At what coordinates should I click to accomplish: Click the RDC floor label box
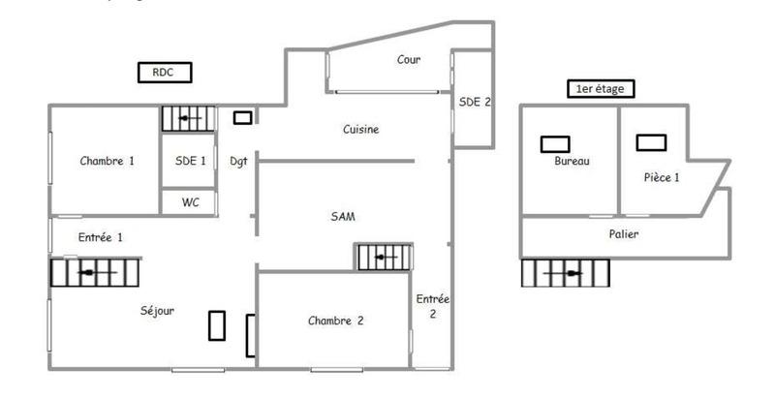click(x=165, y=72)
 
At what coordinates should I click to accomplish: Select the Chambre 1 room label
click(x=107, y=162)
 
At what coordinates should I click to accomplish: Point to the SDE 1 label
click(x=190, y=162)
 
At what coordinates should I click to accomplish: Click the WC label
click(x=190, y=202)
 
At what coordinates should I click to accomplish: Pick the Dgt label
click(x=238, y=162)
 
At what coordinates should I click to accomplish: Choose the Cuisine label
click(x=360, y=129)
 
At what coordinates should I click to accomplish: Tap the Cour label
click(x=409, y=60)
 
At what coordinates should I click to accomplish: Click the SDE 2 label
click(x=475, y=101)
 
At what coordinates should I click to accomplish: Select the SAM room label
click(x=343, y=217)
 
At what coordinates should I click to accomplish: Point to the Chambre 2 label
click(x=335, y=321)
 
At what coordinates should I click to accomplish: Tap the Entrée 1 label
click(x=101, y=236)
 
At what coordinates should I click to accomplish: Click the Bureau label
click(x=572, y=162)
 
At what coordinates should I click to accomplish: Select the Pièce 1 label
click(x=662, y=177)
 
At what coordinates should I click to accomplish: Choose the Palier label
click(x=624, y=234)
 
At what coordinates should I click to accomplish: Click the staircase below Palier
click(x=567, y=273)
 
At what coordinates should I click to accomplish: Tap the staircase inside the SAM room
click(x=385, y=258)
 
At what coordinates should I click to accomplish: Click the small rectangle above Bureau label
click(x=555, y=143)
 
